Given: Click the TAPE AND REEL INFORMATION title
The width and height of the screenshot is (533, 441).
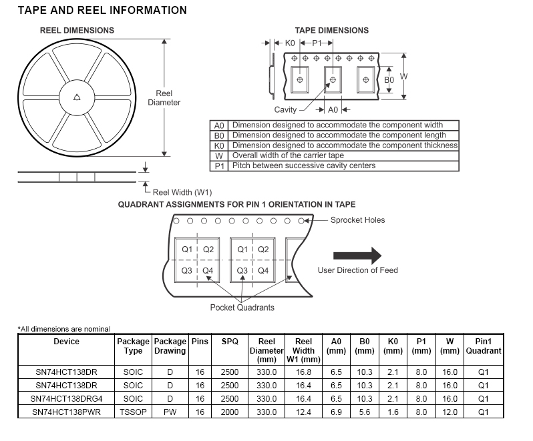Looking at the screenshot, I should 102,11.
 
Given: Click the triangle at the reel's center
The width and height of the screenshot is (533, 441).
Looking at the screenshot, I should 77,97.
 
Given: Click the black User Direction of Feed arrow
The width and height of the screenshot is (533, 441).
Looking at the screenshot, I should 357,256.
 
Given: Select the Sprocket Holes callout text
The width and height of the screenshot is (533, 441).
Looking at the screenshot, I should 357,220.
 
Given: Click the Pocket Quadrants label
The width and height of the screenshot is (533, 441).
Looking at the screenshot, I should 242,308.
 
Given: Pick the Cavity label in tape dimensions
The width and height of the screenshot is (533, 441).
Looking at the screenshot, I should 285,109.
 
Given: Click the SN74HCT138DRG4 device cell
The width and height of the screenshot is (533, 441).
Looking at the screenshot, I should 66,398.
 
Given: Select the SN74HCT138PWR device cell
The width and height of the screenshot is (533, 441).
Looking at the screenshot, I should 66,412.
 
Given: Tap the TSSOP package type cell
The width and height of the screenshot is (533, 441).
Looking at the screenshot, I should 133,412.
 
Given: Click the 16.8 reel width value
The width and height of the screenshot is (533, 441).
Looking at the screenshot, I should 303,372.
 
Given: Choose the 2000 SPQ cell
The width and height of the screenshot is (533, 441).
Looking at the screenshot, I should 229,412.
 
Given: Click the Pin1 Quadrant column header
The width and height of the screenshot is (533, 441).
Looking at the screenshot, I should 484,346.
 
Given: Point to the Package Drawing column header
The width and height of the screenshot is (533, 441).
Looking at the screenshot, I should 170,346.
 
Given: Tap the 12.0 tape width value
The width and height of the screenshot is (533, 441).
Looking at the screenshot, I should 450,412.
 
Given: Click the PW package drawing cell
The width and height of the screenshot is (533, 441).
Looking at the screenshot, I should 170,412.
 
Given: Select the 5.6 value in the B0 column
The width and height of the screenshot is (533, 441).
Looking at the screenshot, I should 364,412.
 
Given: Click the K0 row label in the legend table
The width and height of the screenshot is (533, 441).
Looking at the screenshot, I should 219,145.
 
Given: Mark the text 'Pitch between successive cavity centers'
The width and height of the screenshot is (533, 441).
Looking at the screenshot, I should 303,165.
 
